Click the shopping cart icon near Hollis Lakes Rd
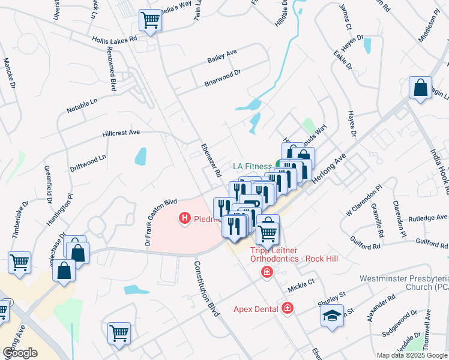[150, 20]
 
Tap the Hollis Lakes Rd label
[115, 37]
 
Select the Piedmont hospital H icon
[185, 219]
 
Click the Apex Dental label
[257, 309]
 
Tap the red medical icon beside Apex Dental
[288, 308]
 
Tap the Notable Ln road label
[82, 106]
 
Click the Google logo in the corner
[20, 352]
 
